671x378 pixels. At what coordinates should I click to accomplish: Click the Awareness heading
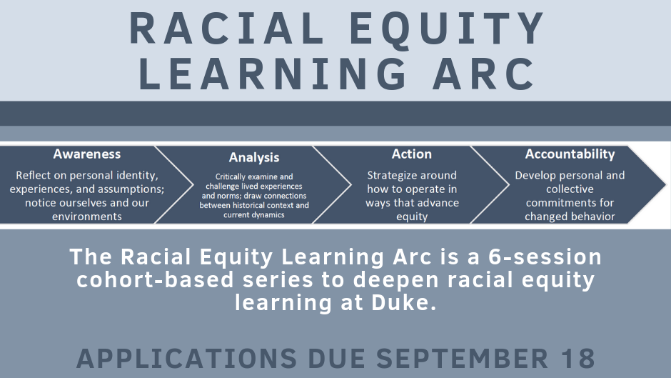click(x=86, y=154)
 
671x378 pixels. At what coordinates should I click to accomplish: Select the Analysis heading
click(x=254, y=157)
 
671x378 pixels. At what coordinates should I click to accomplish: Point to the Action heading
click(x=412, y=154)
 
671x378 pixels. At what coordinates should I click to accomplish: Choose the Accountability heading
click(x=570, y=154)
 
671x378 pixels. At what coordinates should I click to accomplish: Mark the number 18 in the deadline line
click(x=575, y=358)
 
